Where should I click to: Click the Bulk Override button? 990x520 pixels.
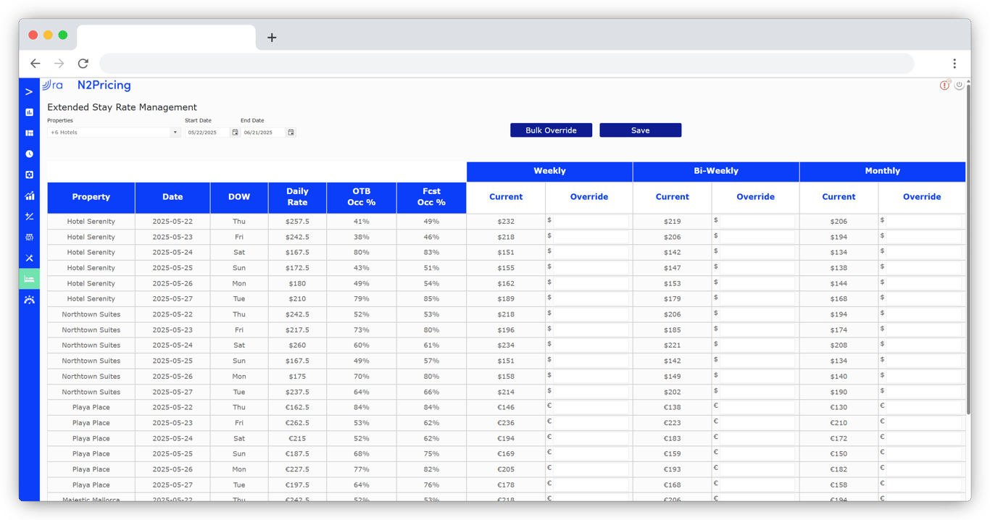pyautogui.click(x=551, y=130)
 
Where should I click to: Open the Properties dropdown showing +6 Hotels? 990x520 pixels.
pyautogui.click(x=113, y=133)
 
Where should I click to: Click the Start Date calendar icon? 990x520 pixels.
pyautogui.click(x=235, y=133)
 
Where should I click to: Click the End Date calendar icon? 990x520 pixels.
pyautogui.click(x=291, y=133)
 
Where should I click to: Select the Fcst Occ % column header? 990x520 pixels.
pyautogui.click(x=431, y=198)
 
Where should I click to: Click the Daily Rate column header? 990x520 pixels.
pyautogui.click(x=297, y=198)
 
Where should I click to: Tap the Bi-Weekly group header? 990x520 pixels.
pyautogui.click(x=715, y=172)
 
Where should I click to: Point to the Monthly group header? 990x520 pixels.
pyautogui.click(x=882, y=172)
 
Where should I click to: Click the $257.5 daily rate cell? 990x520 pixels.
pyautogui.click(x=297, y=222)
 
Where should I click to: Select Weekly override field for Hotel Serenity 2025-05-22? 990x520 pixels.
pyautogui.click(x=590, y=221)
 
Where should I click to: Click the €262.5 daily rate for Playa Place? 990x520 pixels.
pyautogui.click(x=297, y=423)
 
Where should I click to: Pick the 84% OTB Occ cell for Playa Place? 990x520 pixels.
pyautogui.click(x=361, y=408)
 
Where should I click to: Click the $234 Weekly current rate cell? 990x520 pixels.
pyautogui.click(x=506, y=345)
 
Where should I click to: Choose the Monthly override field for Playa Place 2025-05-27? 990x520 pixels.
pyautogui.click(x=923, y=485)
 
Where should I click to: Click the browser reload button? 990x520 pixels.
pyautogui.click(x=83, y=64)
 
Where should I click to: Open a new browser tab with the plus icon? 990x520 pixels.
pyautogui.click(x=272, y=38)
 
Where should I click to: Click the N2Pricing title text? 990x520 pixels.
pyautogui.click(x=104, y=85)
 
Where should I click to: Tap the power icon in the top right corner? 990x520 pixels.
pyautogui.click(x=959, y=85)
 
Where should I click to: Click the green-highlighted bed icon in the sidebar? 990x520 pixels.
pyautogui.click(x=29, y=279)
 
